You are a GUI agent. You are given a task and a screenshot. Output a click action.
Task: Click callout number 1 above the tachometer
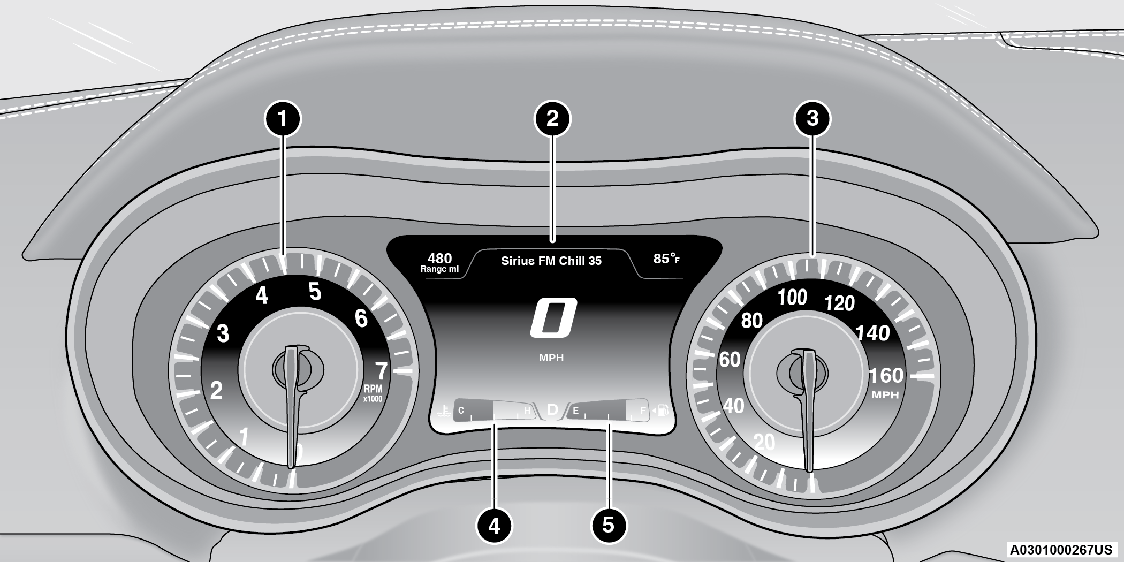(283, 118)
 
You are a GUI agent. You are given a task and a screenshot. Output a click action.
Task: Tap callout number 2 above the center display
(553, 118)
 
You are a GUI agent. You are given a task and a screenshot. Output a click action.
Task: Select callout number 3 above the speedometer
(812, 118)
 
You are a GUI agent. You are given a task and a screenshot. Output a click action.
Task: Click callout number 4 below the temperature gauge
(494, 525)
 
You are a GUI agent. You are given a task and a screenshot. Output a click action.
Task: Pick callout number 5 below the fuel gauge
(608, 525)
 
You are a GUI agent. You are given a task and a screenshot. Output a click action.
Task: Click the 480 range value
(439, 259)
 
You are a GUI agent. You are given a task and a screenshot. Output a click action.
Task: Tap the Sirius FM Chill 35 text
(551, 261)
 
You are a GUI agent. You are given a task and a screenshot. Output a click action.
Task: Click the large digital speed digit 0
(553, 318)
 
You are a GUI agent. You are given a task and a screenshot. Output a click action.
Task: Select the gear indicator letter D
(552, 411)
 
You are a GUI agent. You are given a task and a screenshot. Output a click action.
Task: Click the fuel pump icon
(663, 411)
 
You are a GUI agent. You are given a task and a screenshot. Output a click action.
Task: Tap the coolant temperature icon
(442, 411)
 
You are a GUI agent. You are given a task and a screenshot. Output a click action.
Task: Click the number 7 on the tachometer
(381, 371)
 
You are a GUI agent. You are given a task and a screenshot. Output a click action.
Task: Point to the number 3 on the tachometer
(223, 333)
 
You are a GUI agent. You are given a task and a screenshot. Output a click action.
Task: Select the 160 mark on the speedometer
(886, 376)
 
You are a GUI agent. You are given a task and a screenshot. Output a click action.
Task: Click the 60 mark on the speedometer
(730, 360)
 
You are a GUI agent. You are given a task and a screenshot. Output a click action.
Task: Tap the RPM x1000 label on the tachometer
(373, 393)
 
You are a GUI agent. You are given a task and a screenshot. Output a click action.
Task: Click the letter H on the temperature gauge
(527, 411)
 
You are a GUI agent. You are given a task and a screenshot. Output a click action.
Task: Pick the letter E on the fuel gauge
(576, 411)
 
